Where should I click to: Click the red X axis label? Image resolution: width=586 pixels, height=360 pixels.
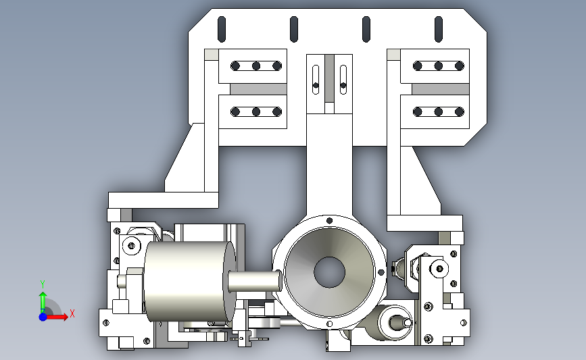click(x=72, y=313)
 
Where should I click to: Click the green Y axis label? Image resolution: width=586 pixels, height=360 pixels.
click(x=43, y=284)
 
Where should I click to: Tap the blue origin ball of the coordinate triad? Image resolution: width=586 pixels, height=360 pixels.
click(x=43, y=317)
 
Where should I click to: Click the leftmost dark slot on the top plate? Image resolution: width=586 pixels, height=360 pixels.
click(x=222, y=29)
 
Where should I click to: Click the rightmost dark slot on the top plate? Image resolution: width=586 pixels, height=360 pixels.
click(x=439, y=29)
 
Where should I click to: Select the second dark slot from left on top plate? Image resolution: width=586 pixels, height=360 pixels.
click(x=294, y=29)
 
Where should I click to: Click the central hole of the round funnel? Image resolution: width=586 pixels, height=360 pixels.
click(x=329, y=272)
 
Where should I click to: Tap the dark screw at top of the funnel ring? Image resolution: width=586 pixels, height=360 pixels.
click(x=329, y=221)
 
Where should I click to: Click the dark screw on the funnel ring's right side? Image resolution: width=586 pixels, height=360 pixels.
click(x=381, y=272)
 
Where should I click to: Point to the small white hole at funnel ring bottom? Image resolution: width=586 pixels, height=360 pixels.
click(x=329, y=324)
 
